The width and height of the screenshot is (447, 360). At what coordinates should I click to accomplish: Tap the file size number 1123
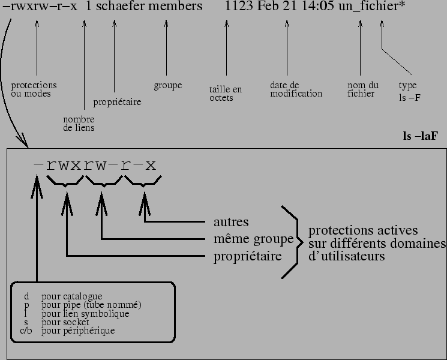coord(236,8)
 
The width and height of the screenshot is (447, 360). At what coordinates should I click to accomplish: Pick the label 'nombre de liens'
coord(79,124)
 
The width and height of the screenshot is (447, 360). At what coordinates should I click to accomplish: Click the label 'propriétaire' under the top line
coord(117,102)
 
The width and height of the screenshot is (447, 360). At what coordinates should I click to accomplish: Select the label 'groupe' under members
coord(167,86)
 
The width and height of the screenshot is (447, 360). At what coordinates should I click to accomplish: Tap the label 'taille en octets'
coord(226,94)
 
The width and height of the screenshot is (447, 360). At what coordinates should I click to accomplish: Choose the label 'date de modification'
coord(296,89)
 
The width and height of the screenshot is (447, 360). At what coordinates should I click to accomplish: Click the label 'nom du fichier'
coord(363,89)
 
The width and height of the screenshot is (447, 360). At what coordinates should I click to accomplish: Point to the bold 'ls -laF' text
coord(420,136)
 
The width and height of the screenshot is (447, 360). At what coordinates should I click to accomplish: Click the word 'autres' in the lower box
coord(231,223)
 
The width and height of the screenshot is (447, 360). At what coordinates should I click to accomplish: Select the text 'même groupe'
coord(253,239)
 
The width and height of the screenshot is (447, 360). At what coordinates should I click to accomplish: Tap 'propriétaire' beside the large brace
coord(248,257)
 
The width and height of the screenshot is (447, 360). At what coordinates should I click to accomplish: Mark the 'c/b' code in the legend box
coord(26,331)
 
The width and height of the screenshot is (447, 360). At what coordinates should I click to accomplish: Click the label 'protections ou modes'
coord(34,89)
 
